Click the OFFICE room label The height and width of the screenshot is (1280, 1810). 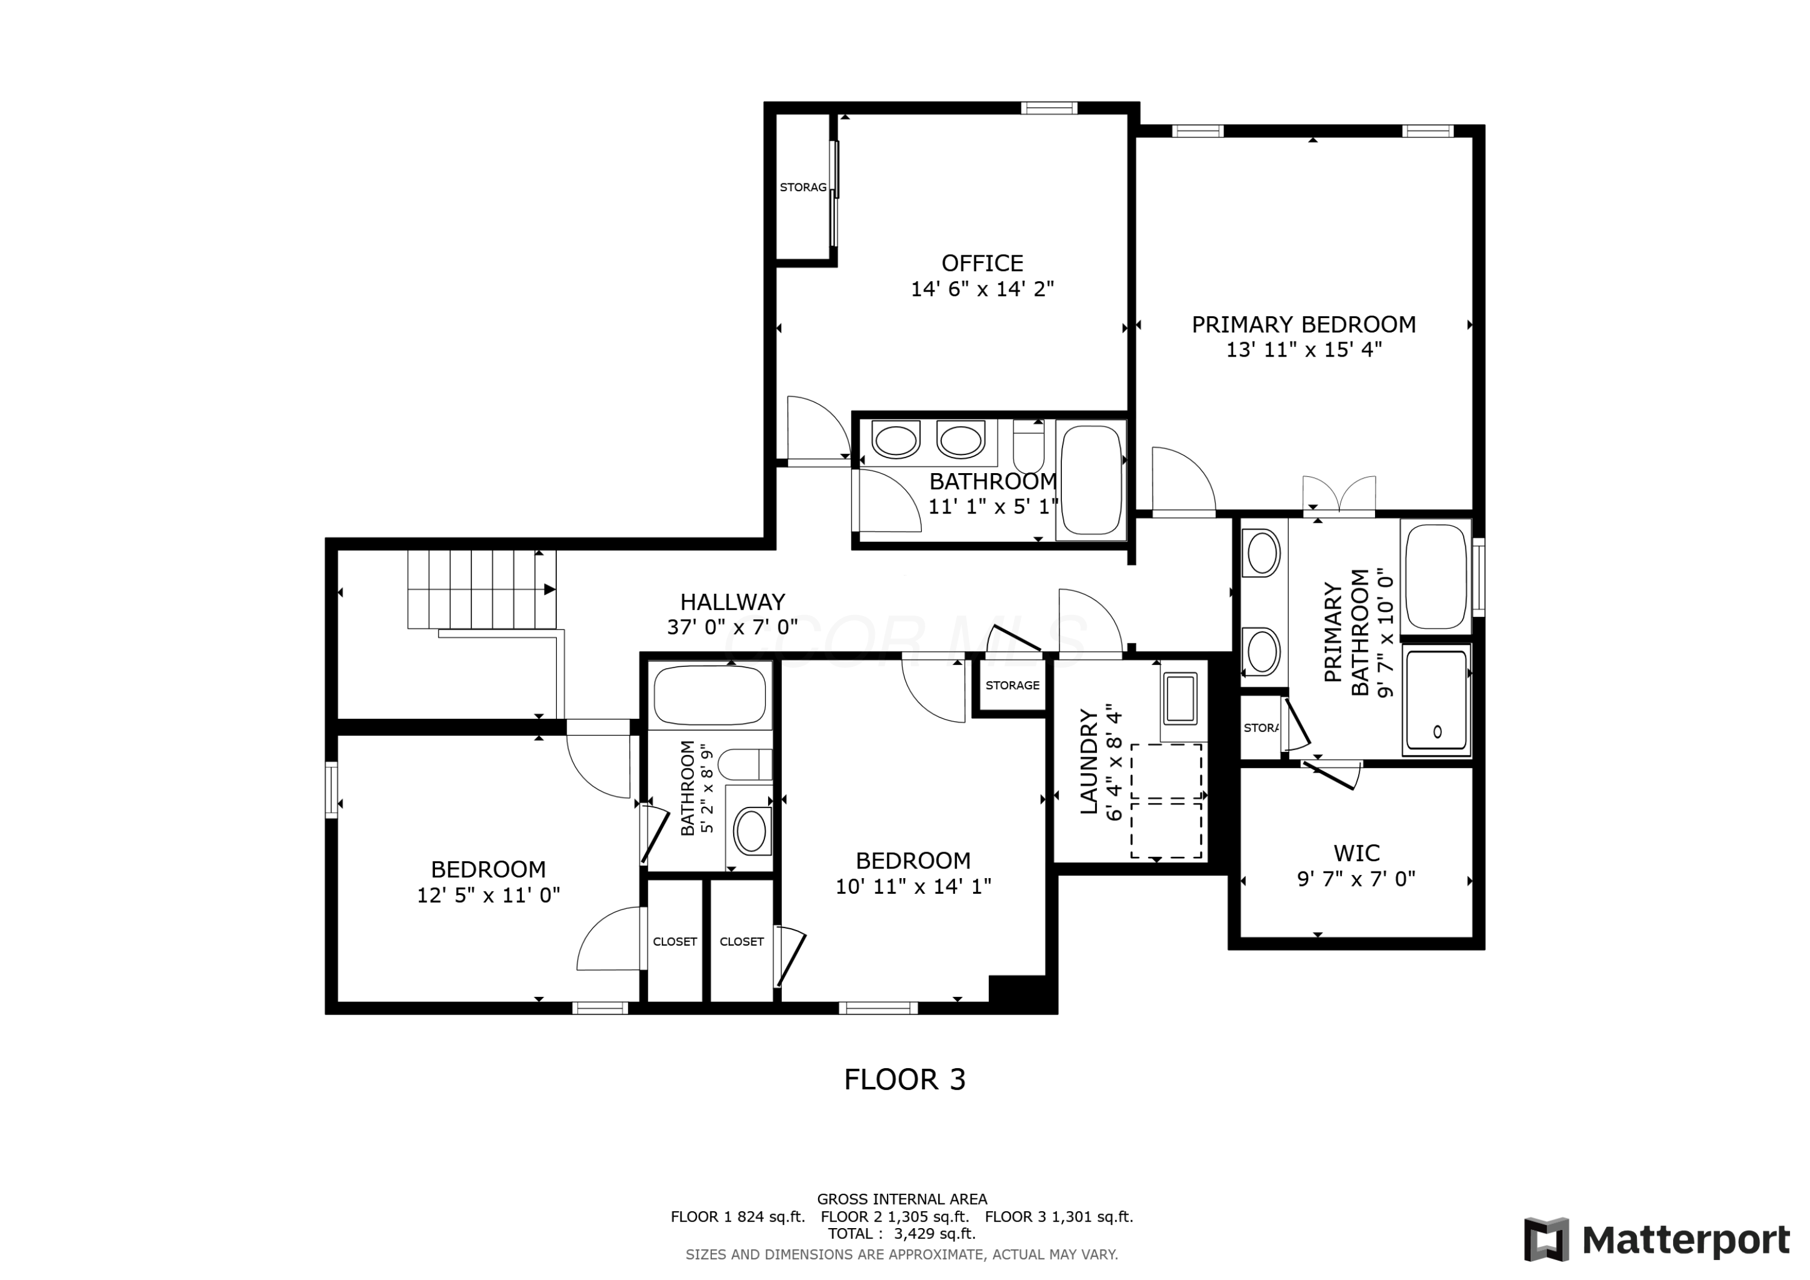(982, 263)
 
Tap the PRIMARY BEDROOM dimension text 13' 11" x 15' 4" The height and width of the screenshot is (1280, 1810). (1303, 350)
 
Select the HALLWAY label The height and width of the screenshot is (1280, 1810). (732, 602)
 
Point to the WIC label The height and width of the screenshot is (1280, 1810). (1356, 853)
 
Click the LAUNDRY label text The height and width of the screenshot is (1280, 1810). (1088, 762)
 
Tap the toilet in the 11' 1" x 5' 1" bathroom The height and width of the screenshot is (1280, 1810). (1028, 448)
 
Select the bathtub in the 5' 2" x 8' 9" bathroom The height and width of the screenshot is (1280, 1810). (710, 695)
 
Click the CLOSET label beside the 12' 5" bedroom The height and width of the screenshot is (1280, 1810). (675, 941)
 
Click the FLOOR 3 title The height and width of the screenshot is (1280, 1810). (904, 1080)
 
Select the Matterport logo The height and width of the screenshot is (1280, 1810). (1656, 1240)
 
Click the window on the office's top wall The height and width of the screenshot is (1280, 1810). (1049, 109)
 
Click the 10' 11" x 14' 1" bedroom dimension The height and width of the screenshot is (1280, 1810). (913, 887)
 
